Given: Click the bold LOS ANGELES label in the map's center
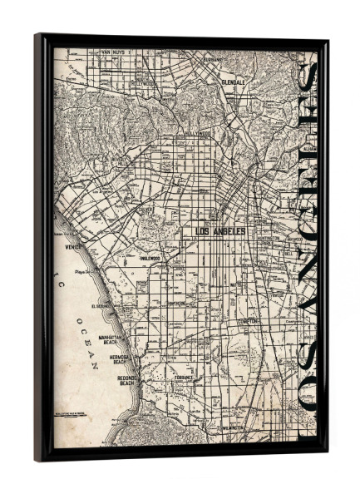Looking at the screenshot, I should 219,231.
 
